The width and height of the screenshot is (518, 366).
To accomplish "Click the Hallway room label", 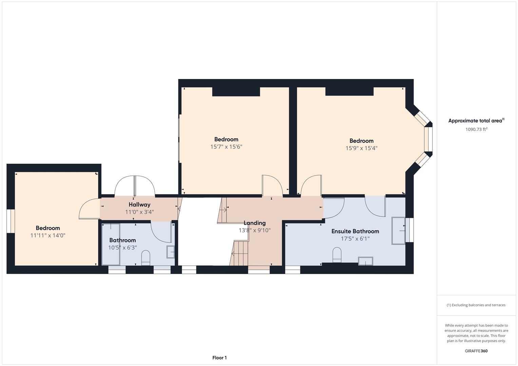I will (x=139, y=205).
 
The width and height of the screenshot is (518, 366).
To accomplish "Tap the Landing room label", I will (x=254, y=223).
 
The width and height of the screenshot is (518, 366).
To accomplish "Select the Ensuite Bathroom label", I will (x=355, y=231).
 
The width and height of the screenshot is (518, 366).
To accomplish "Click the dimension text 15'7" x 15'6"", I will (x=226, y=147).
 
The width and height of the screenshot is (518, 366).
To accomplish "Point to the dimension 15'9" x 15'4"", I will (x=361, y=148).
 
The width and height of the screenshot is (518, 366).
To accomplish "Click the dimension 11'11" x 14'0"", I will (x=48, y=235).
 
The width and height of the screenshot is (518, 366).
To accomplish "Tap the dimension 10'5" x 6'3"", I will (x=122, y=248).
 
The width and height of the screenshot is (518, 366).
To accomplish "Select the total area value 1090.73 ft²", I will (x=476, y=129).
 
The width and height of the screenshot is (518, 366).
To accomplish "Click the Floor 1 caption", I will (x=219, y=358).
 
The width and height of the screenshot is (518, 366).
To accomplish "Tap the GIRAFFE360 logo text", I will (x=476, y=351).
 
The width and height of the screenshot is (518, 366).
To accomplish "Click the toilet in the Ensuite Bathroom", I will (x=337, y=255).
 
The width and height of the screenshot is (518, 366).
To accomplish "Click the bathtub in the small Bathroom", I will (x=111, y=244).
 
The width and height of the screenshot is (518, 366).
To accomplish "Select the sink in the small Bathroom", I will (x=171, y=252).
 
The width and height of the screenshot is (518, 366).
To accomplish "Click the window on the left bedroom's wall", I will (x=11, y=221).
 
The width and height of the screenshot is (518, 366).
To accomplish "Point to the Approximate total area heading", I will (x=476, y=121).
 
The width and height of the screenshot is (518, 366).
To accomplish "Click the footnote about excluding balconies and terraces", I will (x=476, y=305).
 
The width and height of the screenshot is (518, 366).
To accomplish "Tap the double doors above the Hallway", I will (x=135, y=186).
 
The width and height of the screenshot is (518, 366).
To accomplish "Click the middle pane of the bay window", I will (x=428, y=139).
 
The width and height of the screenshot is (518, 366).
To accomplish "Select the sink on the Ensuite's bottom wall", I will (x=365, y=261).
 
